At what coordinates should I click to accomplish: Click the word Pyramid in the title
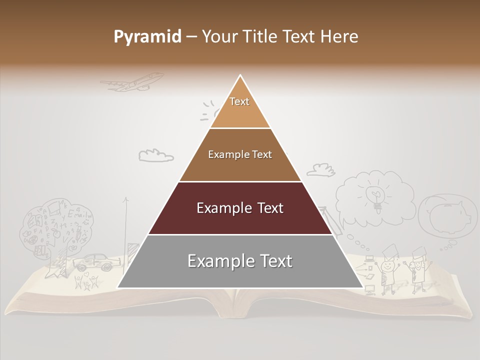[147, 37]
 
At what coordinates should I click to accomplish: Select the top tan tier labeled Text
[239, 107]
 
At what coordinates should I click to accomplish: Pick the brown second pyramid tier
[240, 155]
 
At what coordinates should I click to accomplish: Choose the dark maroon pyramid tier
[240, 208]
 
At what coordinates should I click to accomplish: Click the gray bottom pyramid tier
[240, 261]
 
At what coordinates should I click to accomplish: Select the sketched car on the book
[94, 262]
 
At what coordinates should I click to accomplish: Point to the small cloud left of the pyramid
[155, 155]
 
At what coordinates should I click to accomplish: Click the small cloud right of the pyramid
[320, 170]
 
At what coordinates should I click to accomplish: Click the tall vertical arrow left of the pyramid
[125, 230]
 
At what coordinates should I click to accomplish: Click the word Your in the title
[219, 36]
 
